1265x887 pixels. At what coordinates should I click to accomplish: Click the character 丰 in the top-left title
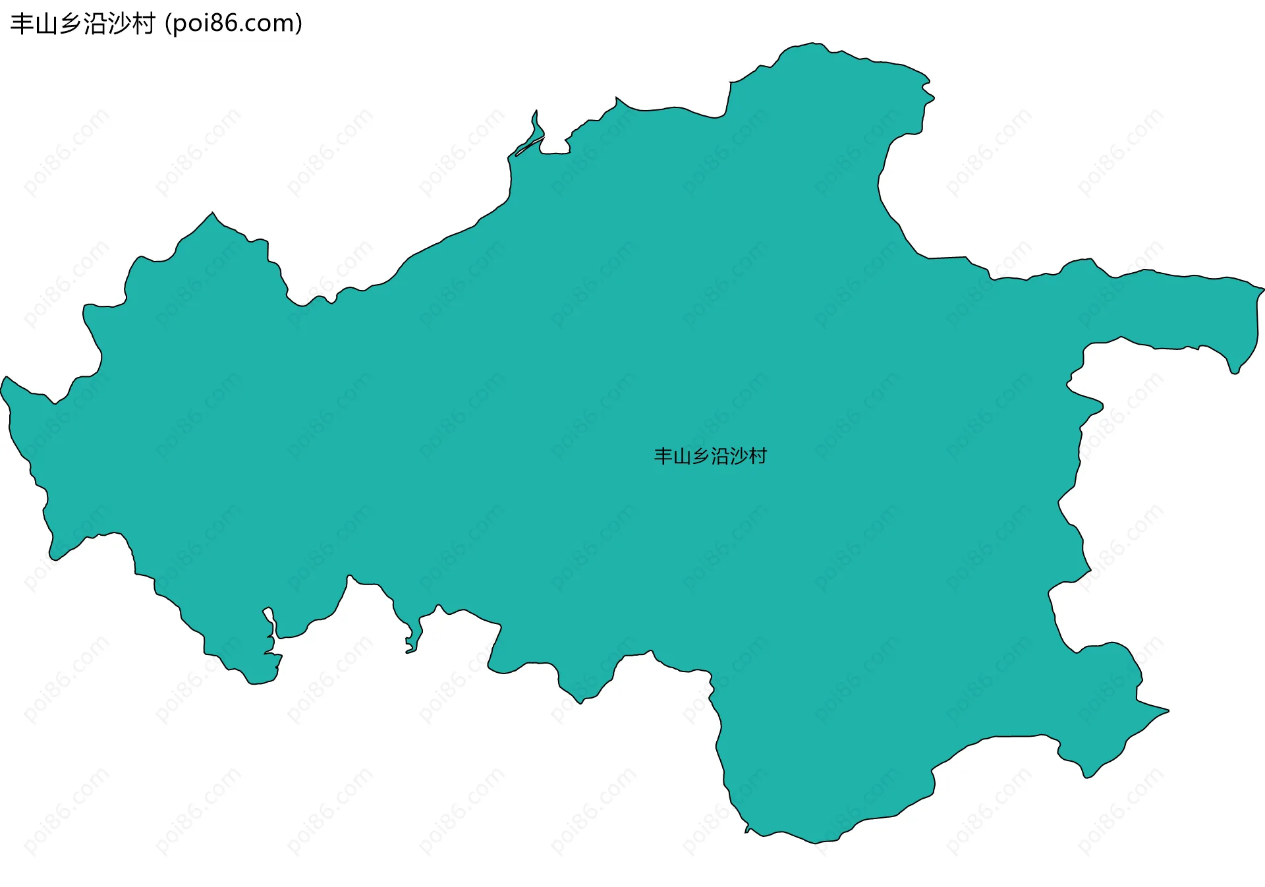point(22,24)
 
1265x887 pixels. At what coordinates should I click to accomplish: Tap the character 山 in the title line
point(46,24)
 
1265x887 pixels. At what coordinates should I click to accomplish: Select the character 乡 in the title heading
point(70,24)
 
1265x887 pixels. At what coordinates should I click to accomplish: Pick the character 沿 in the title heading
point(95,24)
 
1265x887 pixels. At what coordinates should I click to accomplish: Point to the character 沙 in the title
point(119,24)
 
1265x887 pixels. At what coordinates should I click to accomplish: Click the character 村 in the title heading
point(144,24)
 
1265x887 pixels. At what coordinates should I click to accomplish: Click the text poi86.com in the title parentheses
point(233,24)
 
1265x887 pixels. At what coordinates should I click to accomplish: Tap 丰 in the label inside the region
point(663,456)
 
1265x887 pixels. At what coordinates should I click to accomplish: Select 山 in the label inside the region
point(682,456)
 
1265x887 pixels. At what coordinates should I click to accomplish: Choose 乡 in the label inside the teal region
point(701,456)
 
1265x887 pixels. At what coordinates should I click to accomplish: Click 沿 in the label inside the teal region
point(720,456)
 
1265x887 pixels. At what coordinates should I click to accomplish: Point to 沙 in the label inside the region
point(739,456)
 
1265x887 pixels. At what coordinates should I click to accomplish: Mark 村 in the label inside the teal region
point(758,456)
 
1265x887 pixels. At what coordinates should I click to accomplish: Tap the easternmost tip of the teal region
point(1263,289)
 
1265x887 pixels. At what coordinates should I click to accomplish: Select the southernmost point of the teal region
point(817,843)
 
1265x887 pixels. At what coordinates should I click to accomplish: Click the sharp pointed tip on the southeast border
point(1167,710)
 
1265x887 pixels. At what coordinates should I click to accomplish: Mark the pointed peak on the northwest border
point(212,213)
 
